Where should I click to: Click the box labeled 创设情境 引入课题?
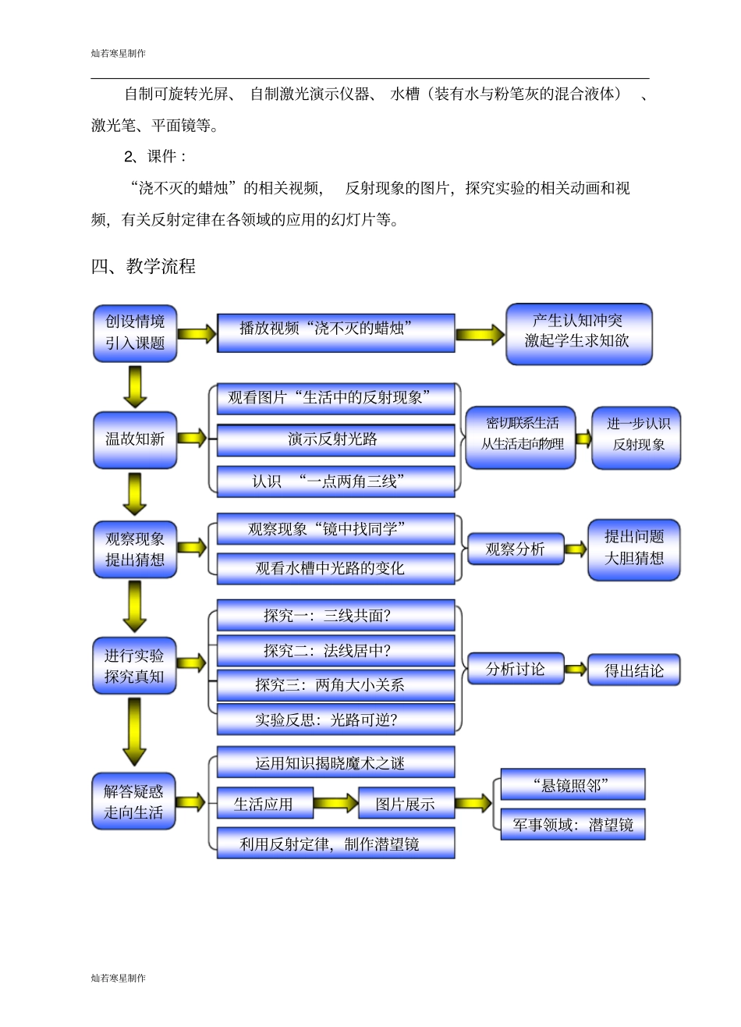click(135, 332)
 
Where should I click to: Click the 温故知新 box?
click(135, 439)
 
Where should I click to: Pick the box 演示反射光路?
click(335, 440)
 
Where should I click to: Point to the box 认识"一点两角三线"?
click(335, 482)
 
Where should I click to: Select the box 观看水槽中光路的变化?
click(335, 568)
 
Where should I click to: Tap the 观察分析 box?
click(515, 549)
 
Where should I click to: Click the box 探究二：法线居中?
click(335, 650)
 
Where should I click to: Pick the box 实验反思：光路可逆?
click(335, 719)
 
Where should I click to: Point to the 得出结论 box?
click(633, 670)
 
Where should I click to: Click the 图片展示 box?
click(406, 804)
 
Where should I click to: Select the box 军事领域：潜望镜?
click(573, 824)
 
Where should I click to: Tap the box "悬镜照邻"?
click(573, 784)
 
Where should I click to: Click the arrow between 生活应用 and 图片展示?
click(335, 804)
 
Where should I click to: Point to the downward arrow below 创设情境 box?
click(135, 386)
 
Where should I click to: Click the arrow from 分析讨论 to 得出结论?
click(576, 670)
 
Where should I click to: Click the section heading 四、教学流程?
click(144, 266)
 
